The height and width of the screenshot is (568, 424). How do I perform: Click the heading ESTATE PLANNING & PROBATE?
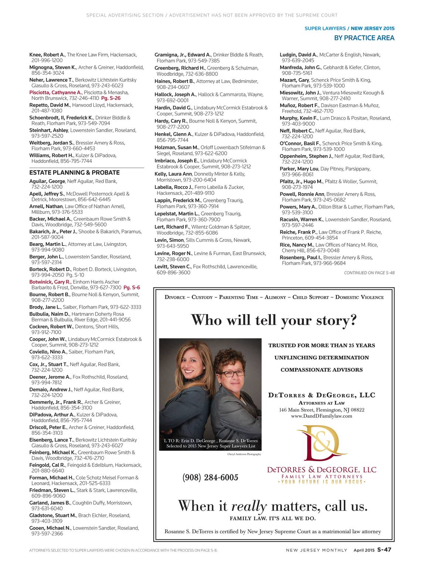(74, 173)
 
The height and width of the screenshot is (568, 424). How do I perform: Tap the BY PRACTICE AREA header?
(364, 38)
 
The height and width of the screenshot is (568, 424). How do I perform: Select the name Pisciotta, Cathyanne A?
(55, 92)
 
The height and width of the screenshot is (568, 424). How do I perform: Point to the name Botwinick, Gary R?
(50, 282)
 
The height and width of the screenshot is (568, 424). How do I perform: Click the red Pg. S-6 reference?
(132, 288)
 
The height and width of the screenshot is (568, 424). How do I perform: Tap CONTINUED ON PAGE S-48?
(369, 273)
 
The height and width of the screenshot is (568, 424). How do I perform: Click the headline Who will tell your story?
(274, 320)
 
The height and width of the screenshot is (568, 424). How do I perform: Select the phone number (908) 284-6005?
(210, 477)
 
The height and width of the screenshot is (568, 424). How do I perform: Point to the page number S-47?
(384, 550)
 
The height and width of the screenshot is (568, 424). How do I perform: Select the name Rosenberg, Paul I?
(301, 258)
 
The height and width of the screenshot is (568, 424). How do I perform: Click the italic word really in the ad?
(249, 506)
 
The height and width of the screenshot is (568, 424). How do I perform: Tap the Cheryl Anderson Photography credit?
(244, 454)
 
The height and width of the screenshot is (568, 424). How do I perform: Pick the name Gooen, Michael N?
(50, 528)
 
